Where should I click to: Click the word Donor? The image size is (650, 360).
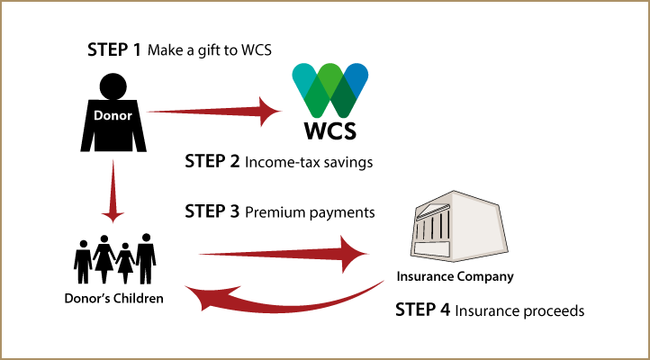(x=113, y=116)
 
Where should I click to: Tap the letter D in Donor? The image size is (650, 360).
(x=98, y=116)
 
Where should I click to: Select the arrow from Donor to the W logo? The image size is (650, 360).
(x=207, y=112)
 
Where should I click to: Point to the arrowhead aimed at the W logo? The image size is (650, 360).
(x=269, y=112)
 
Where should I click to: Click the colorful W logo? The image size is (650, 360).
(x=330, y=90)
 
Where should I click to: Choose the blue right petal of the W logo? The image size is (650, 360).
(x=357, y=76)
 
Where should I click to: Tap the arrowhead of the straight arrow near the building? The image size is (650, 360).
(x=354, y=254)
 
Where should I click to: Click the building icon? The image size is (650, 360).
(x=458, y=227)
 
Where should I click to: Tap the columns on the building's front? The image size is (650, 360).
(x=432, y=226)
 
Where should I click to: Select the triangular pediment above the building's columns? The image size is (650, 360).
(x=432, y=210)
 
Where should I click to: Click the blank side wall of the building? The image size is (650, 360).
(x=477, y=225)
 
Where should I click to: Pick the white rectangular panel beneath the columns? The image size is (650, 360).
(x=431, y=249)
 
